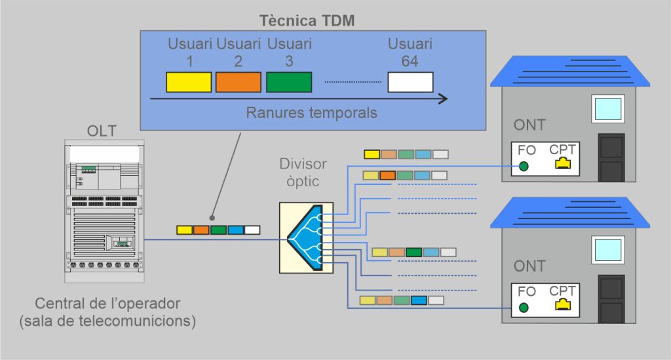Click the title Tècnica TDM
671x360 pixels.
(x=307, y=20)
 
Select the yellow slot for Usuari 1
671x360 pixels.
(x=188, y=82)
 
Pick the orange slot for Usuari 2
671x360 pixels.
(x=239, y=82)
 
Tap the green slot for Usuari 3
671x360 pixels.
(x=289, y=82)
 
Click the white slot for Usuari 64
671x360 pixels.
(x=410, y=82)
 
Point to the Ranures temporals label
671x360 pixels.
(x=311, y=113)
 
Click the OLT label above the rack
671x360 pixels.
(x=102, y=131)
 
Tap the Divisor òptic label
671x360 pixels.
(x=302, y=172)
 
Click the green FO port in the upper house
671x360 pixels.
(x=524, y=167)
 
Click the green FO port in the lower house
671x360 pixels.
(x=524, y=308)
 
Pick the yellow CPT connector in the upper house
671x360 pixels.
(x=562, y=163)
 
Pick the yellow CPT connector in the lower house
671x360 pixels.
(x=562, y=304)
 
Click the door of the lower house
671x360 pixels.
(x=611, y=298)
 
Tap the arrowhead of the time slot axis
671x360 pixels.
(x=443, y=99)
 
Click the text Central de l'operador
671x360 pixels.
(x=107, y=304)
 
